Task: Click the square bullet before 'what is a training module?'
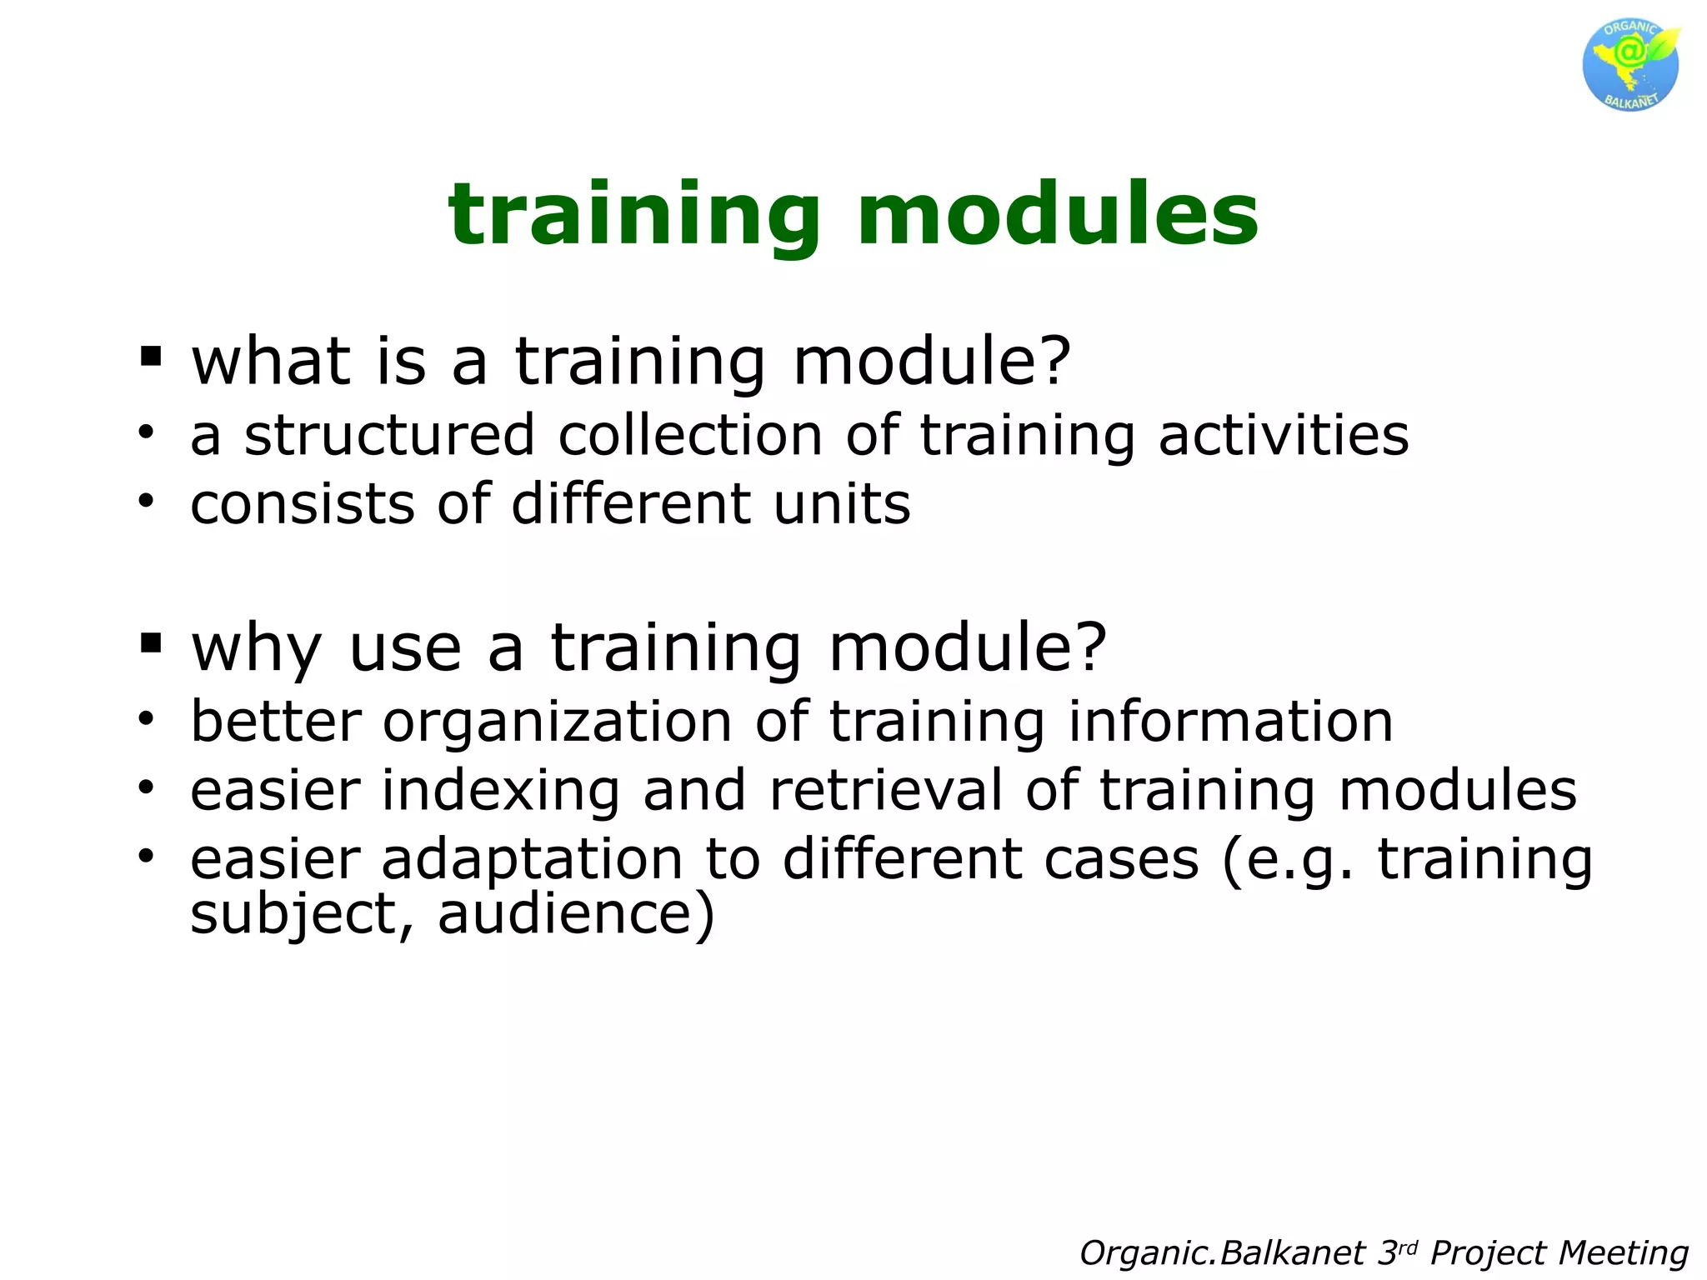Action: click(151, 357)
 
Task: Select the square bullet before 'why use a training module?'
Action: click(151, 642)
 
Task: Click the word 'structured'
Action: click(388, 437)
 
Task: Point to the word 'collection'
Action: click(690, 437)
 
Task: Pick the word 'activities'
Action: click(1284, 437)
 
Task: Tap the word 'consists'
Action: click(302, 505)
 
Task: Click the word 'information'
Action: click(1230, 722)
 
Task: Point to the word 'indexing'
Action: click(500, 792)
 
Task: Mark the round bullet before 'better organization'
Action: click(147, 718)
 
